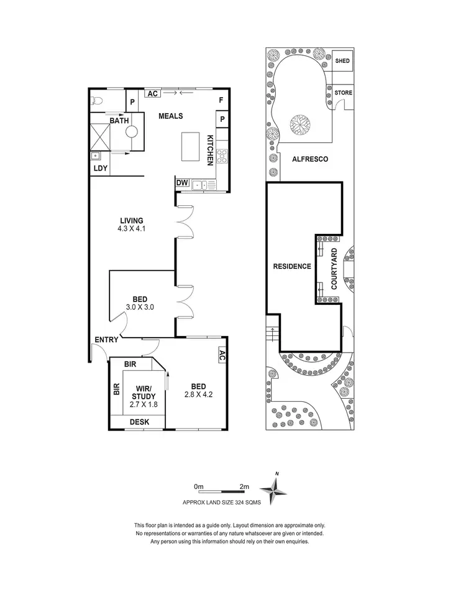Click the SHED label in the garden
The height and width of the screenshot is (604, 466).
(x=342, y=61)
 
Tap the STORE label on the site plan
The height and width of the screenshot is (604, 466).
(x=344, y=93)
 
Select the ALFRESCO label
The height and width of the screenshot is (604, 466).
(x=310, y=159)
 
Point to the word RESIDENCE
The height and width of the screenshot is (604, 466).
(x=292, y=266)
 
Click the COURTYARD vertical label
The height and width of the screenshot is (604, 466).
(x=334, y=268)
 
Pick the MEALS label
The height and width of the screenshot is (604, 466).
(x=170, y=116)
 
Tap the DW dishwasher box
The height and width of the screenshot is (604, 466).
(x=182, y=183)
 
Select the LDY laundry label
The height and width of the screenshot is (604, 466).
(x=99, y=168)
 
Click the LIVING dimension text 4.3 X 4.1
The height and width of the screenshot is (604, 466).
(x=132, y=228)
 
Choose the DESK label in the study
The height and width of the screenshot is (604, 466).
(x=139, y=422)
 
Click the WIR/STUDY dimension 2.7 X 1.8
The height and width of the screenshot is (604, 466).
(x=142, y=404)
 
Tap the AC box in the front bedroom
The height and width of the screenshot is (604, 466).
(x=221, y=355)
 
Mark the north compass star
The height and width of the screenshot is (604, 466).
(x=272, y=489)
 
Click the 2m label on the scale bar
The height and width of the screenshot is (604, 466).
(x=244, y=486)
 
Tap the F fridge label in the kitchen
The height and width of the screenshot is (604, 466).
(x=221, y=100)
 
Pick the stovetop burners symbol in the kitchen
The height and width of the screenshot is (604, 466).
(x=222, y=157)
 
